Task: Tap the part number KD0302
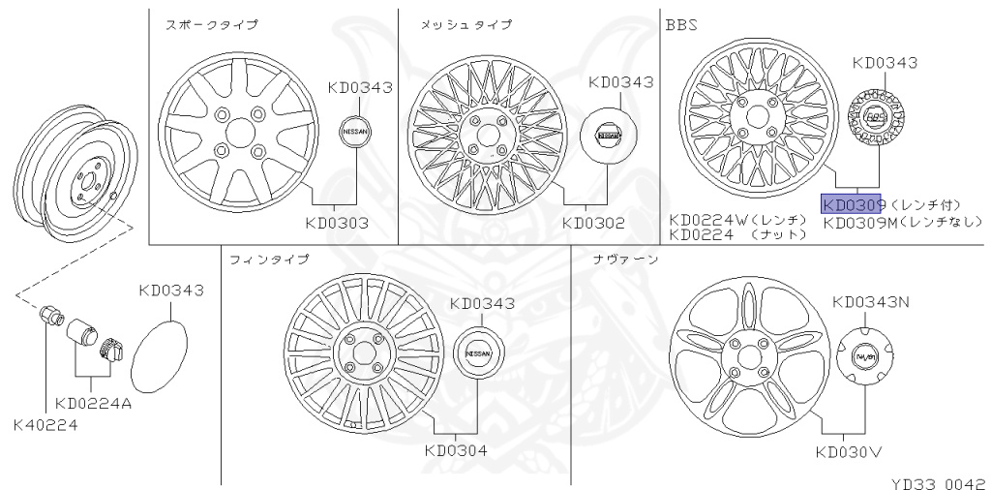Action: coord(593,224)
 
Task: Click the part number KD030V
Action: coord(848,451)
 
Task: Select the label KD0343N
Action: coord(871,302)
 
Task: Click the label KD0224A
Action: coord(93,403)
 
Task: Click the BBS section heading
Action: coord(680,23)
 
